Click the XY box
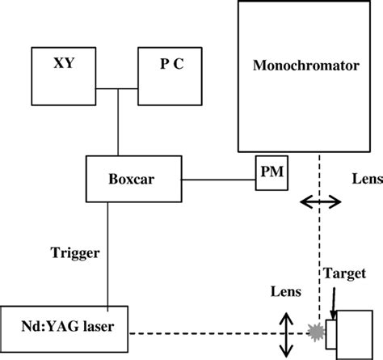(62, 73)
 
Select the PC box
(170, 73)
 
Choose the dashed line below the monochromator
(319, 243)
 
